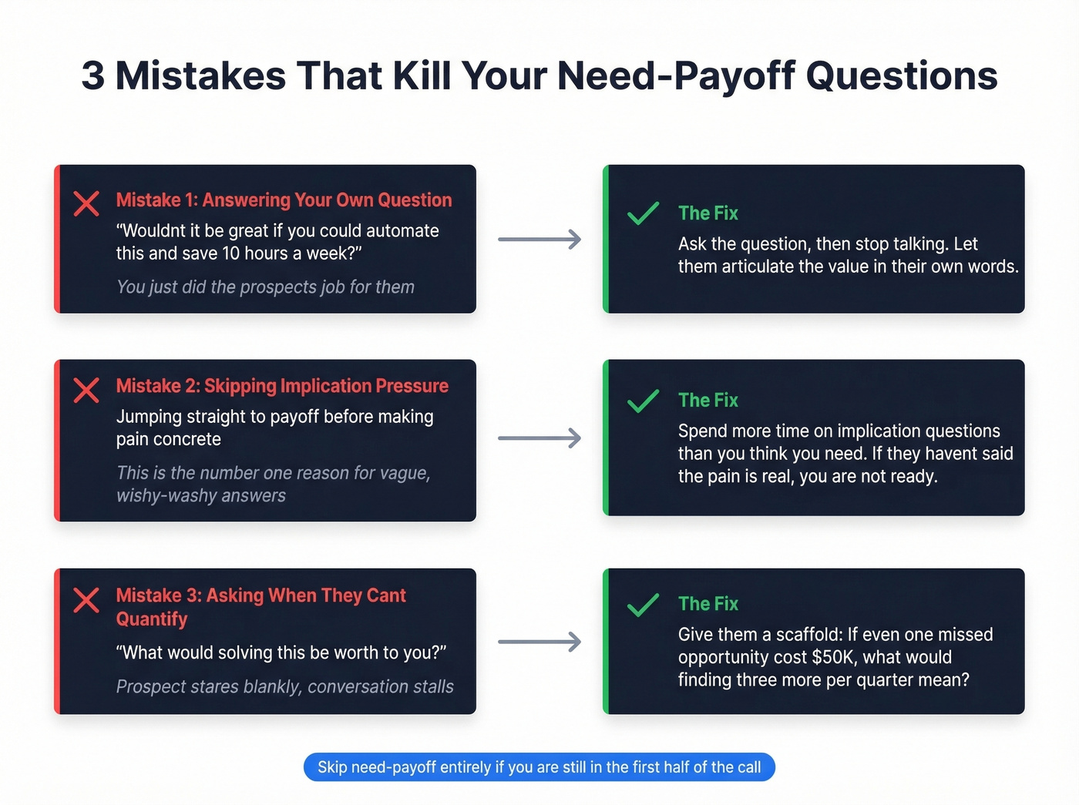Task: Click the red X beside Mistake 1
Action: [86, 203]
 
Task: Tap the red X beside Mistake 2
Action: [86, 390]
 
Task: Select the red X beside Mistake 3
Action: [86, 599]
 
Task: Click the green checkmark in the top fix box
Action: [643, 213]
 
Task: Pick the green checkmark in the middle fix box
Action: [643, 401]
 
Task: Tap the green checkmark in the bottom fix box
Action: [643, 605]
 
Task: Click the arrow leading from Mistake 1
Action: [539, 240]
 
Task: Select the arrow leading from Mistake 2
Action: [539, 438]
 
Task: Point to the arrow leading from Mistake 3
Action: [539, 642]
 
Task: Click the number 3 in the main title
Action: [92, 76]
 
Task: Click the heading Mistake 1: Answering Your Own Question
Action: [284, 200]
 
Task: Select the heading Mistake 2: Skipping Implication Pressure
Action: [282, 386]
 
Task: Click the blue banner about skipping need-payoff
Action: [539, 767]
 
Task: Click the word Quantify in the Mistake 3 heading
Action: [152, 619]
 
